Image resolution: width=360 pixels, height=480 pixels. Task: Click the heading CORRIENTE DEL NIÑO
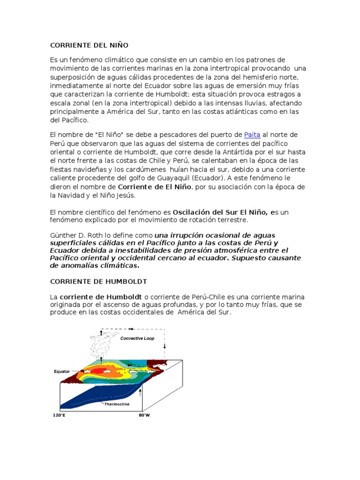[89, 45]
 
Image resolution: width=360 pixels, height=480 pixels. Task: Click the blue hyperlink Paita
[252, 135]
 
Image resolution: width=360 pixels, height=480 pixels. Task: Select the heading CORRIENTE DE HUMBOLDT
[98, 281]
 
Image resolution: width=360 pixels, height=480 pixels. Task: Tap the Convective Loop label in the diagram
[137, 338]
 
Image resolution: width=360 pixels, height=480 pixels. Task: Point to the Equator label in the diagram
[61, 371]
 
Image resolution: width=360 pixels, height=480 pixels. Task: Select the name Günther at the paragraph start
[63, 234]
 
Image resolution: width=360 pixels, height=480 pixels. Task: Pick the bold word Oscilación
[192, 212]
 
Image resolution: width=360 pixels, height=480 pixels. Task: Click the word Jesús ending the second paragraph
[124, 195]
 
